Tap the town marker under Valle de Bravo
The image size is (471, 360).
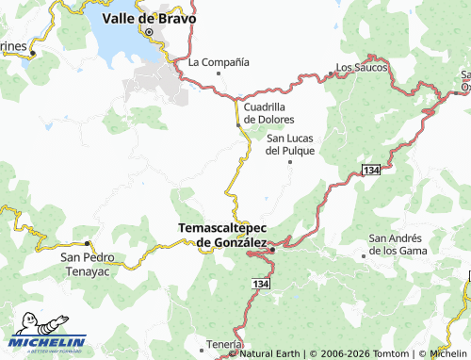149,31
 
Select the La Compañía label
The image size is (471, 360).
219,62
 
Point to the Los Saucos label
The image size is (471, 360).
362,68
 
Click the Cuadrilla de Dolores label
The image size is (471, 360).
269,113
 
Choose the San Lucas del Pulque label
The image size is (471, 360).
289,143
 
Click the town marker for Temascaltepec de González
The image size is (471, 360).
272,250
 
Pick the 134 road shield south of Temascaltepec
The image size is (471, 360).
260,283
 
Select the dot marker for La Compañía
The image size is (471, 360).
219,73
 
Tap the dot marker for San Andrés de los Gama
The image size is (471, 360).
365,255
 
